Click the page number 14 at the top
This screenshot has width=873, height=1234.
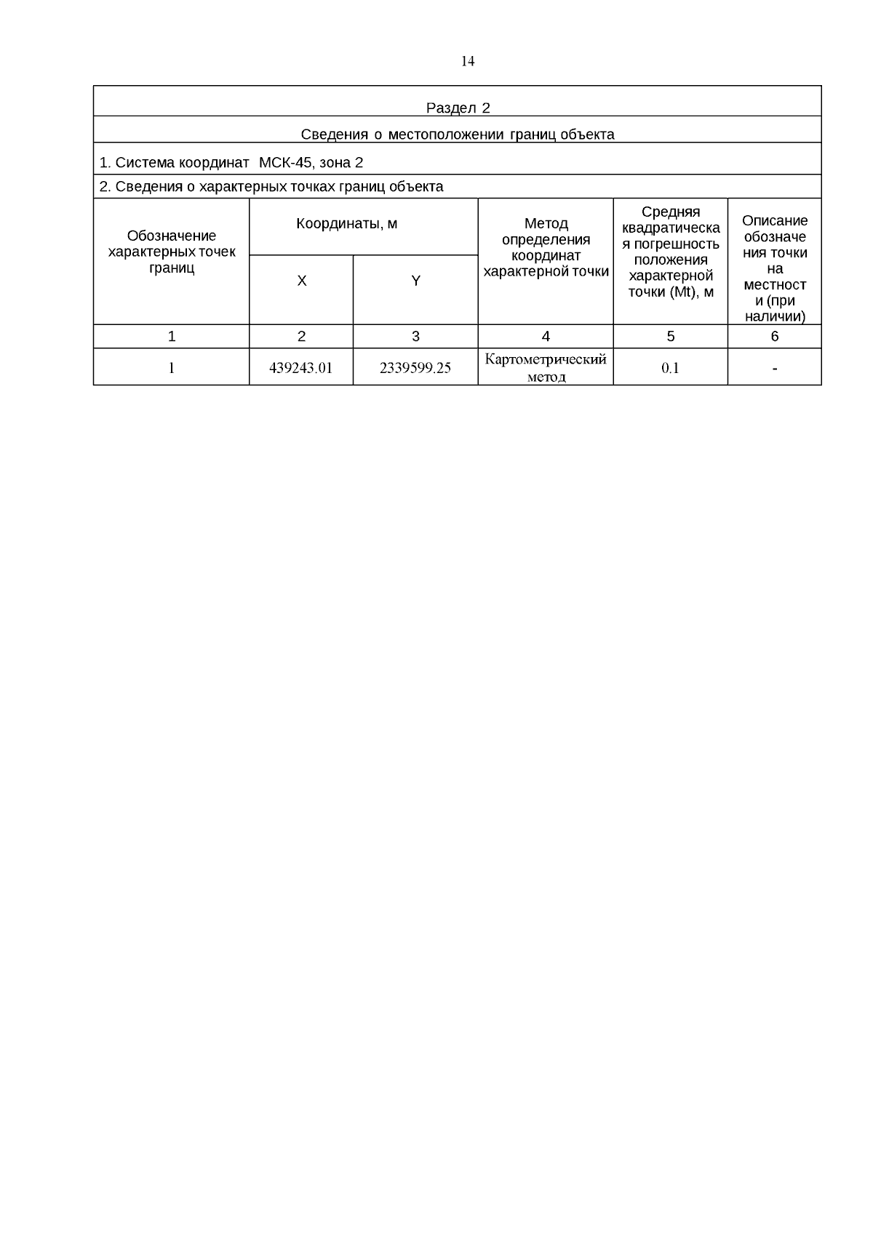pyautogui.click(x=468, y=61)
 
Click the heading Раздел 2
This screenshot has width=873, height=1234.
pyautogui.click(x=458, y=108)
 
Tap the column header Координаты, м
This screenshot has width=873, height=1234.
pyautogui.click(x=347, y=224)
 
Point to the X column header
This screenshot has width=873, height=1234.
pyautogui.click(x=301, y=281)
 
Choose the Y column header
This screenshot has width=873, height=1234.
pyautogui.click(x=415, y=281)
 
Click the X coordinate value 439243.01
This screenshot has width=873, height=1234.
pyautogui.click(x=300, y=368)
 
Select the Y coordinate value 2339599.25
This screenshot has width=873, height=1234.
pyautogui.click(x=415, y=368)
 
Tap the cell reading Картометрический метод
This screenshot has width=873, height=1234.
pyautogui.click(x=546, y=368)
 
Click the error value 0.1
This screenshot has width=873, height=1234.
pyautogui.click(x=670, y=368)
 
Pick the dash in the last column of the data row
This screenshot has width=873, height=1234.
pyautogui.click(x=775, y=369)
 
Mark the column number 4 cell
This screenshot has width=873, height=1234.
pyautogui.click(x=546, y=336)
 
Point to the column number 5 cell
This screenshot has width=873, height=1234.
pyautogui.click(x=670, y=336)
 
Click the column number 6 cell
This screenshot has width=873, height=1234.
pyautogui.click(x=775, y=336)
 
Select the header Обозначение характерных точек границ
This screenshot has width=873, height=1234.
pyautogui.click(x=172, y=252)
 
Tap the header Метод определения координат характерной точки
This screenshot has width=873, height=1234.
pyautogui.click(x=546, y=248)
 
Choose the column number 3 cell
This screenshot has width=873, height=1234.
pyautogui.click(x=415, y=336)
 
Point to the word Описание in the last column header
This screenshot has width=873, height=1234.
pyautogui.click(x=775, y=220)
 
